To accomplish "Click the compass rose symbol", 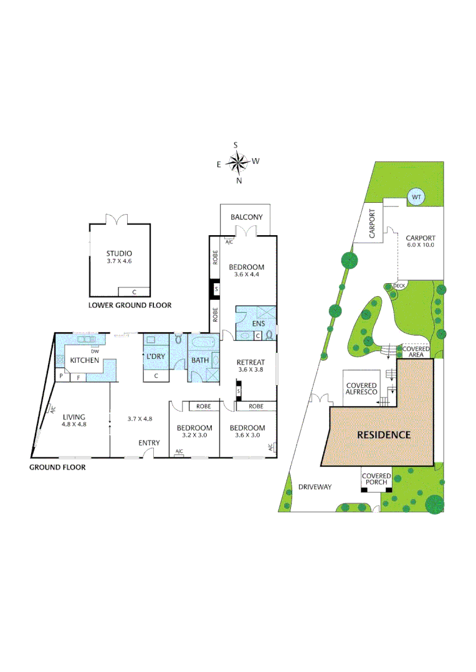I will click(x=237, y=163).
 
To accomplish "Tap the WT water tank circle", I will click(x=416, y=197).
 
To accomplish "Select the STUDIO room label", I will click(x=120, y=253).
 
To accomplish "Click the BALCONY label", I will click(x=246, y=217).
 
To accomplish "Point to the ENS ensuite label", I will click(x=259, y=323).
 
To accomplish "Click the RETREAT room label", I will click(x=251, y=362).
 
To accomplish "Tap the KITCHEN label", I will click(x=85, y=360).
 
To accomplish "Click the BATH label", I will click(x=200, y=360).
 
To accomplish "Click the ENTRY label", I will click(x=149, y=443).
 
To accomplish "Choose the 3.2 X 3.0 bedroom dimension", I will click(x=194, y=436).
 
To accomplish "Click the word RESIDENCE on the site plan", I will click(x=383, y=435).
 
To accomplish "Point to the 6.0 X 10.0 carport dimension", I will click(x=421, y=245).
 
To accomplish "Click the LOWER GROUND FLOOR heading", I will click(x=130, y=306).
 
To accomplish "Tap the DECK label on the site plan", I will click(x=399, y=286).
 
